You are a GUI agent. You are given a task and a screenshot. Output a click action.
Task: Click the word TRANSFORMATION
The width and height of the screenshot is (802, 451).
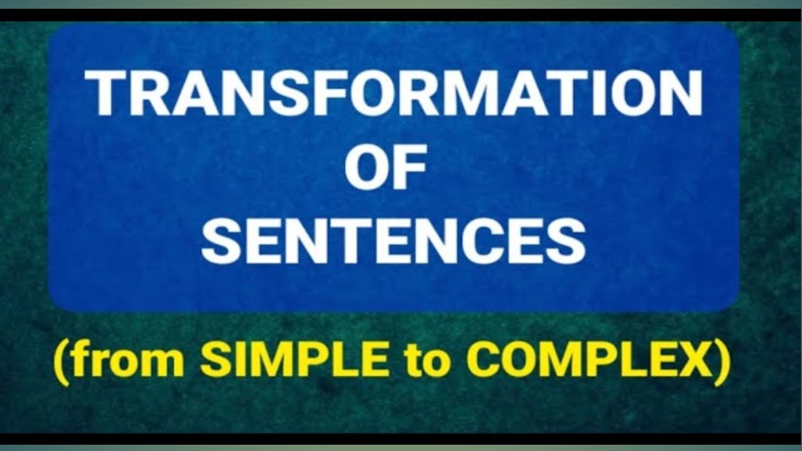tap(393, 93)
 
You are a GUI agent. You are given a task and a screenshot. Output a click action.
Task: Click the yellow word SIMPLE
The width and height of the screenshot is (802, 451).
tap(294, 362)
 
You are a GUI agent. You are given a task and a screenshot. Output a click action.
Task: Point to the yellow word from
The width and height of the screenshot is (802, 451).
tap(133, 362)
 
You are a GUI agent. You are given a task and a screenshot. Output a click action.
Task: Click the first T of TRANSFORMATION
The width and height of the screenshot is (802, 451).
tap(107, 93)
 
